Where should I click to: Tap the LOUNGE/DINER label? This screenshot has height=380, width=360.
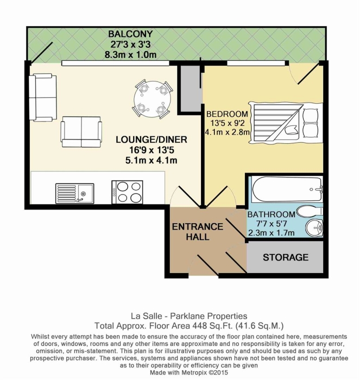click(151, 140)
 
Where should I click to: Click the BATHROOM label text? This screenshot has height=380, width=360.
click(271, 214)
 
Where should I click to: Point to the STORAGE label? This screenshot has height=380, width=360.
click(286, 257)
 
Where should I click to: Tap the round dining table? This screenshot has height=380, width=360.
click(153, 98)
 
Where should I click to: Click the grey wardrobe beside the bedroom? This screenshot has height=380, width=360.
click(190, 88)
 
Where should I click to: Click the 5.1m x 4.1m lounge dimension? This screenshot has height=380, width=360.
click(151, 160)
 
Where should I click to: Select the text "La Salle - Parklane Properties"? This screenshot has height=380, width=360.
click(189, 316)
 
